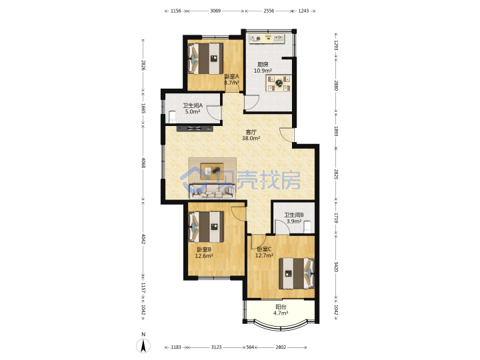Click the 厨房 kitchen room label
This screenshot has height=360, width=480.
[x=263, y=64]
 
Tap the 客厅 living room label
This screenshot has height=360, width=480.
[x=251, y=132]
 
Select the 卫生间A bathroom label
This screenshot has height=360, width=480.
[x=193, y=105]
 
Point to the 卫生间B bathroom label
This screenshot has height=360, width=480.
[x=294, y=215]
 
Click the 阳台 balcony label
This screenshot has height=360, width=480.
[x=281, y=307]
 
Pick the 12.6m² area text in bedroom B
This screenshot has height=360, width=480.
[x=204, y=256]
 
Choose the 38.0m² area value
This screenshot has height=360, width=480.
[x=251, y=138]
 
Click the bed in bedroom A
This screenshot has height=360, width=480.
[x=205, y=59]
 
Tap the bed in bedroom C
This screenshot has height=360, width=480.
[x=297, y=273]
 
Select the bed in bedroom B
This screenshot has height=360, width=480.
[x=206, y=227]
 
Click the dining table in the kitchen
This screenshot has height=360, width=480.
[x=279, y=83]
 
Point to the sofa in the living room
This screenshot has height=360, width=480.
[x=212, y=191]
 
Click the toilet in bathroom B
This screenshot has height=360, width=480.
[x=307, y=227]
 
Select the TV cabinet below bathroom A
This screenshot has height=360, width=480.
[x=195, y=129]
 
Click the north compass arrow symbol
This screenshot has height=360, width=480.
[x=143, y=345]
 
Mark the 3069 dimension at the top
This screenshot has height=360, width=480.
[x=215, y=11]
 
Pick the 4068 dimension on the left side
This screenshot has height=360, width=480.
[x=143, y=163]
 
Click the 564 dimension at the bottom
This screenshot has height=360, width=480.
[x=251, y=347]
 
